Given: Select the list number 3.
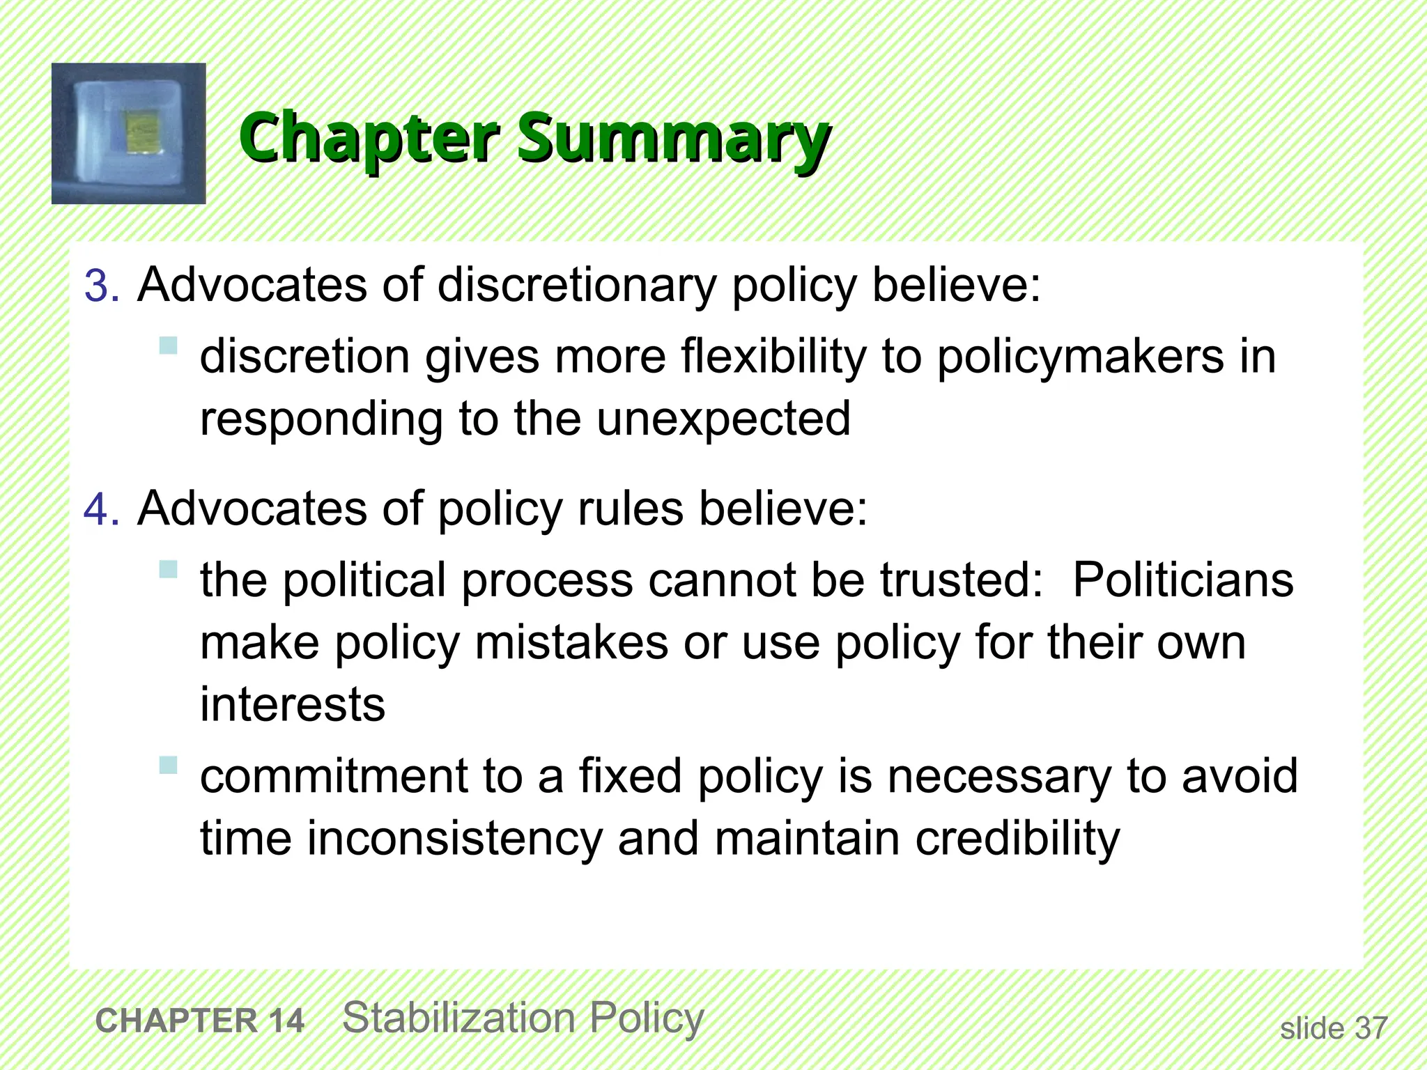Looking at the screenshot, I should click(102, 286).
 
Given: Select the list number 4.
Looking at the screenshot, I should click(102, 510).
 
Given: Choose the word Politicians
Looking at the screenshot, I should click(1182, 580).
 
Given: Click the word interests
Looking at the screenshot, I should click(293, 704).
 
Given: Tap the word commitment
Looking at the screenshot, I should click(334, 776).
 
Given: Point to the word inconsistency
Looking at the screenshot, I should click(454, 838).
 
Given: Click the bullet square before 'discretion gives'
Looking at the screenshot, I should click(168, 346).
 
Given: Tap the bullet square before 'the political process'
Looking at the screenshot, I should click(168, 570).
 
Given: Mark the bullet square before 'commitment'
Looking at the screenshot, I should click(168, 766).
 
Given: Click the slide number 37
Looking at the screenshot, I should click(1371, 1029).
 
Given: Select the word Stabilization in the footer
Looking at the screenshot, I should click(459, 1018).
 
